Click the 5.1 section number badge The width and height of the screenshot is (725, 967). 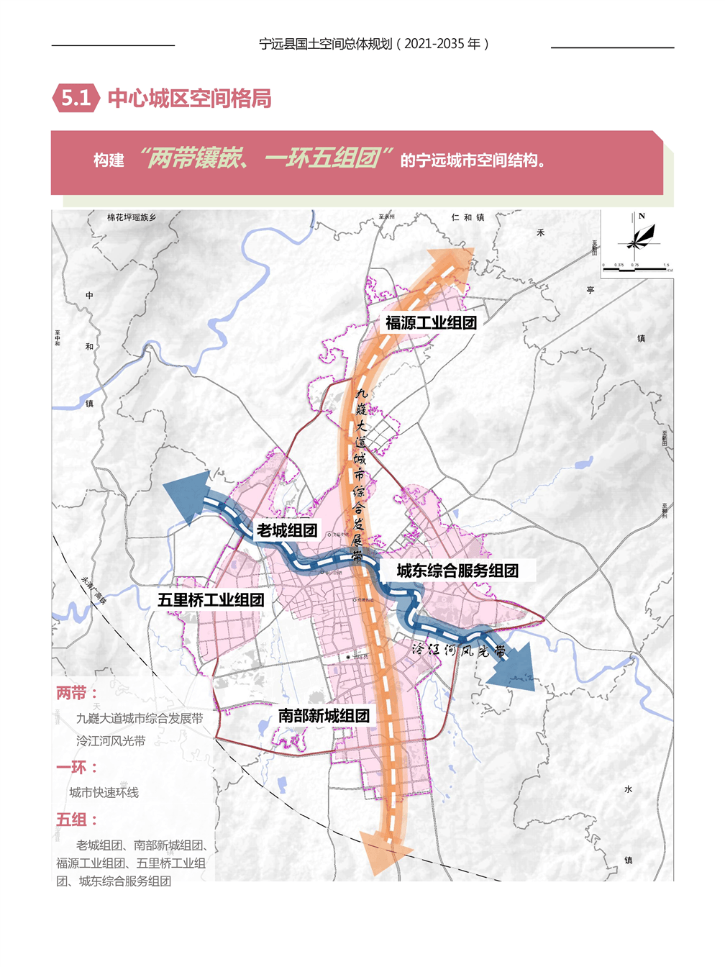(x=76, y=98)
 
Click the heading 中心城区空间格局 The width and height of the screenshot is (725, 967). (x=189, y=99)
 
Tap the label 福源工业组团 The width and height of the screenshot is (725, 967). (x=431, y=322)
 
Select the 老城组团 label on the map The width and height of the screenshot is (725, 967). (x=287, y=530)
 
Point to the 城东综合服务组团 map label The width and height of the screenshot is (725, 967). (x=457, y=571)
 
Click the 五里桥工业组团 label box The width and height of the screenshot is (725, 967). (x=211, y=599)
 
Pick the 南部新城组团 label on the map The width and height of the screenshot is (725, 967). (x=324, y=715)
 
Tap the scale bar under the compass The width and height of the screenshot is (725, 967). (x=636, y=268)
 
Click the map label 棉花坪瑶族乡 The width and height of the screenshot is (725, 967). (x=132, y=217)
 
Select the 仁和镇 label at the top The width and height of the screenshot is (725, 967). (x=468, y=217)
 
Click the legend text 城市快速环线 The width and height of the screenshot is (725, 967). (x=104, y=792)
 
